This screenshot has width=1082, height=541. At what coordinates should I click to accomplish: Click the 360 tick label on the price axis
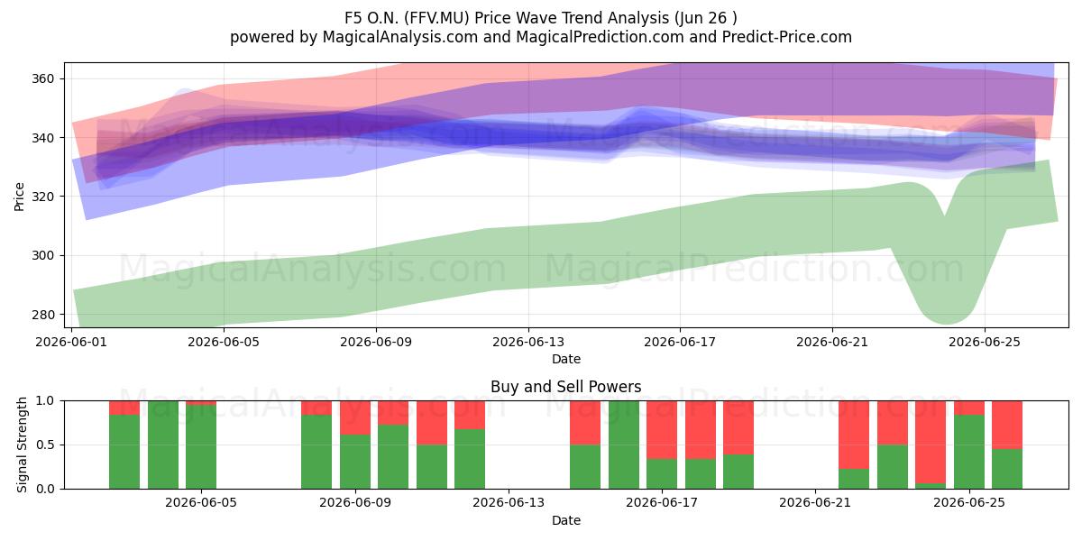(42, 78)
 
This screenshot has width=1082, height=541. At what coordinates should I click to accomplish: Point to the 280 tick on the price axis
(42, 315)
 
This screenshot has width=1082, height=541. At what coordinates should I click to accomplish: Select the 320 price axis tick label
(42, 197)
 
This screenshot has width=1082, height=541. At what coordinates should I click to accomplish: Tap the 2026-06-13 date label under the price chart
(528, 342)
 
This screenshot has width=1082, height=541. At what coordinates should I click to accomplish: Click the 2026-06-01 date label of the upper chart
(71, 342)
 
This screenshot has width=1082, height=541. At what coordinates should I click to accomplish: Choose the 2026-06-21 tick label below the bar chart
(815, 503)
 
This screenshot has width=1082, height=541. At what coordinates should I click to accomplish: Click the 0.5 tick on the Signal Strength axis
(45, 445)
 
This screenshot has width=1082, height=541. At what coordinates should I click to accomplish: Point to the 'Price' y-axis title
(19, 197)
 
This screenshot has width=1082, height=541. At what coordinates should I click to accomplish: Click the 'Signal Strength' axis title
(22, 445)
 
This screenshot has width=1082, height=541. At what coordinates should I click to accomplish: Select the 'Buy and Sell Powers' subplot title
(565, 387)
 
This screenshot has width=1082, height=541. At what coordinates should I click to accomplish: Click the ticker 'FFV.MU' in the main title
(437, 18)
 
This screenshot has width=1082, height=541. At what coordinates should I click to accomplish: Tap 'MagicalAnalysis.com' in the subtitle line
(400, 37)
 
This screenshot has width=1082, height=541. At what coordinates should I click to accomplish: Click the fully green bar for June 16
(624, 445)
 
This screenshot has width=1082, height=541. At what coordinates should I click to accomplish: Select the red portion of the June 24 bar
(931, 442)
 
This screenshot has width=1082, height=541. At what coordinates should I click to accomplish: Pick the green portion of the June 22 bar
(854, 479)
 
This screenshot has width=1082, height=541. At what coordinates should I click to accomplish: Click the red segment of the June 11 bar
(432, 423)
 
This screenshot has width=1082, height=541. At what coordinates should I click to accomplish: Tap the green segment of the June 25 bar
(969, 452)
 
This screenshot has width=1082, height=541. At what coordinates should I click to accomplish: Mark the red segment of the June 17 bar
(662, 430)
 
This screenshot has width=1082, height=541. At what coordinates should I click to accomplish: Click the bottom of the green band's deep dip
(945, 324)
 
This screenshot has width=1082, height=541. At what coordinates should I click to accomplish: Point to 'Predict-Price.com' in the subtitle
(787, 37)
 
